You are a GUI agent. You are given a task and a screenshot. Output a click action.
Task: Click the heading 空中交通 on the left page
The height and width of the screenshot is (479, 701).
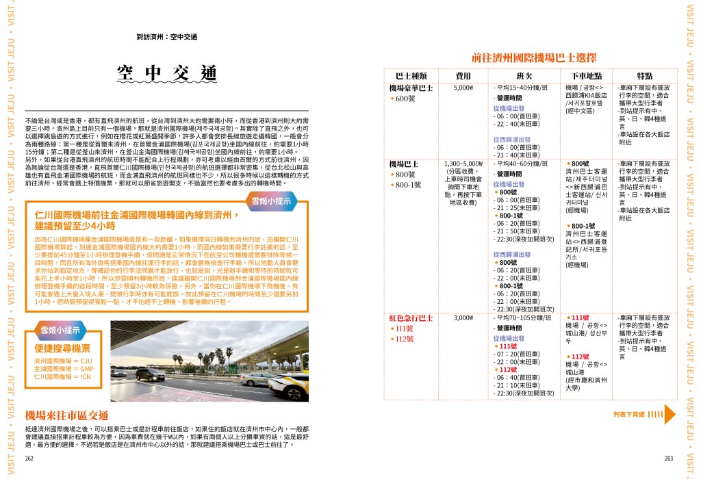click(166, 73)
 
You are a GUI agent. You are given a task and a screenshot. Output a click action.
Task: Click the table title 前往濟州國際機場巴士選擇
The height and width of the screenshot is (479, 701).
click(533, 57)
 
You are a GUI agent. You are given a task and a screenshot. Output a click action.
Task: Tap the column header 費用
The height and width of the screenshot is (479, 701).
click(463, 75)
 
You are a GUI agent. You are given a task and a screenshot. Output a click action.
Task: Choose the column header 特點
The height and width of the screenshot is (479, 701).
click(644, 75)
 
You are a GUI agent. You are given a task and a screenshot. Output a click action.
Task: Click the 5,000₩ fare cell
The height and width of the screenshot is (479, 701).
click(463, 88)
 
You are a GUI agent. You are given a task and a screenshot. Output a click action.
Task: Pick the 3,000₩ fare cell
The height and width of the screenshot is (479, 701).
click(463, 318)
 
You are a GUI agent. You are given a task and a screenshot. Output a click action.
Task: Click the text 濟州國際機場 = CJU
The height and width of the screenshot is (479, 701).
click(62, 360)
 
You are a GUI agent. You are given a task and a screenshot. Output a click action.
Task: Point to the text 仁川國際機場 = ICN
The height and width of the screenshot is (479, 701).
click(62, 376)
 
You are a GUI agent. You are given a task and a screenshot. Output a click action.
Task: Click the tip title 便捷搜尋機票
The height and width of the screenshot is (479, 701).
click(62, 348)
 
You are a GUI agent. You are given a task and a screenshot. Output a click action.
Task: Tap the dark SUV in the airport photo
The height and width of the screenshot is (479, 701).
click(150, 374)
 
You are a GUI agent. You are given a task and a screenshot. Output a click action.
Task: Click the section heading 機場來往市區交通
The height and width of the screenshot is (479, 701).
click(66, 415)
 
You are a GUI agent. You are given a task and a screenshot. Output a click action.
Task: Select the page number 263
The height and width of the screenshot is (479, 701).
click(669, 458)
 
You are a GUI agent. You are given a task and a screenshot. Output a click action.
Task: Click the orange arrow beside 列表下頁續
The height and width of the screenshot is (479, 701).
click(670, 414)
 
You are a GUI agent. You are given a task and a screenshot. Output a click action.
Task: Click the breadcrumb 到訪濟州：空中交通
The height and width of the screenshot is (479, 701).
click(166, 37)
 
